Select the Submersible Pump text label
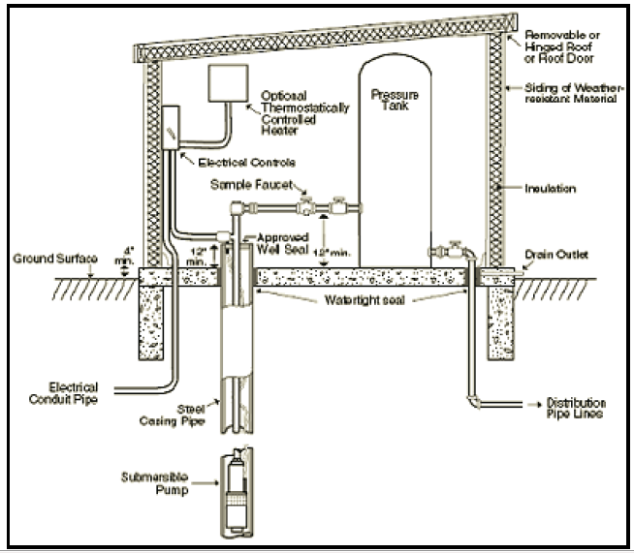(x=157, y=483)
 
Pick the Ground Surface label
(x=45, y=260)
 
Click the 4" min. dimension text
(x=120, y=256)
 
